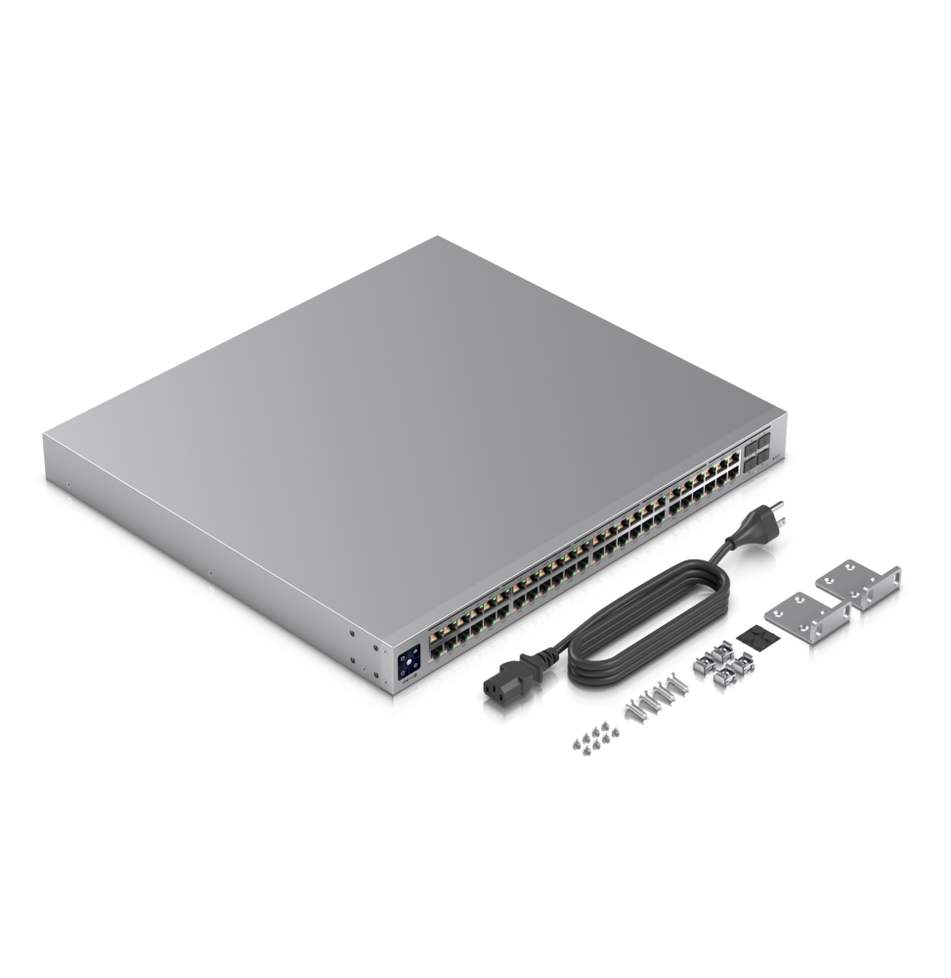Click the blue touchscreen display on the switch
409,658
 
